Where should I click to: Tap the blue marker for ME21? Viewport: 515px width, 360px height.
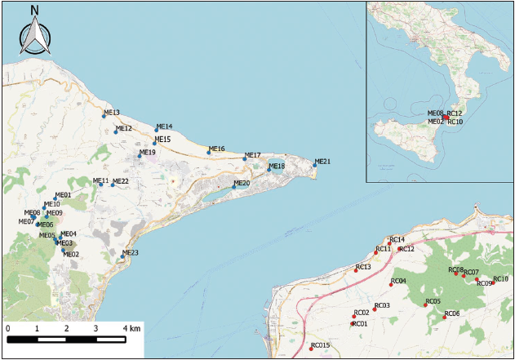tap(314, 166)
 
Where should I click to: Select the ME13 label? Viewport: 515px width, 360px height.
tap(112, 113)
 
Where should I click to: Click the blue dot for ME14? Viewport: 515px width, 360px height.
tap(157, 130)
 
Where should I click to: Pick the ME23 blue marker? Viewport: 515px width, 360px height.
tap(122, 256)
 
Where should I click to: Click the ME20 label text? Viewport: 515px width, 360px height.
tap(242, 183)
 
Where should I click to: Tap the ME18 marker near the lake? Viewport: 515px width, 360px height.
tap(269, 170)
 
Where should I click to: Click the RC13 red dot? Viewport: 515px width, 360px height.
tap(356, 270)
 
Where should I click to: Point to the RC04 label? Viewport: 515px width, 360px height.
tap(398, 281)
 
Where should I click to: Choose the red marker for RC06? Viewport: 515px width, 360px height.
tap(445, 317)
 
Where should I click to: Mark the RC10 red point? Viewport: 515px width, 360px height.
tap(493, 282)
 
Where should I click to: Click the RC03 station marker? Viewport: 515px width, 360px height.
tap(375, 309)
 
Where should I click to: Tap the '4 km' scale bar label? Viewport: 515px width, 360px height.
tap(131, 328)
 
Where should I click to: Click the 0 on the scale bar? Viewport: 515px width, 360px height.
tap(7, 328)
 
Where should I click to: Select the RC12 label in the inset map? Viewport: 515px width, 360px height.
tap(455, 113)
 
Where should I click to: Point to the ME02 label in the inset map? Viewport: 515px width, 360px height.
tap(436, 122)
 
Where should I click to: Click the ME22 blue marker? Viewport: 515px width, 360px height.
tap(113, 184)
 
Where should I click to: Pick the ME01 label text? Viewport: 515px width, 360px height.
tap(63, 195)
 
